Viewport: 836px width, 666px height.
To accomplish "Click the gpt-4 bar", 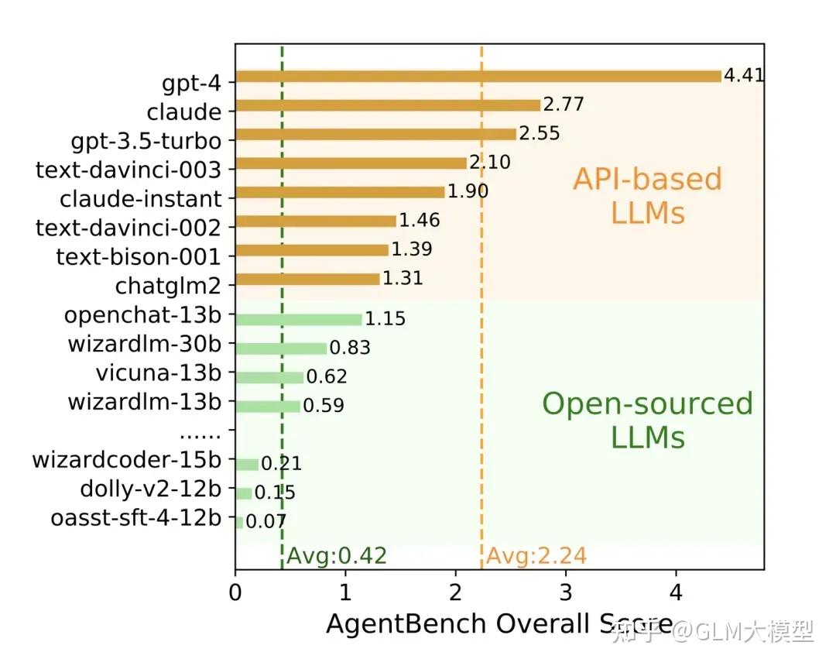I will (x=478, y=76).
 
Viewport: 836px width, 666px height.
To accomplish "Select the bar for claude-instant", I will (x=340, y=192).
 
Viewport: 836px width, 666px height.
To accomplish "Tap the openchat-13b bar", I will (x=298, y=319).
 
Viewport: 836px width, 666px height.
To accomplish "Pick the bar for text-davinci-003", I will (x=351, y=163).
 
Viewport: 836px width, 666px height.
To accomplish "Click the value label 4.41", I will (x=744, y=76).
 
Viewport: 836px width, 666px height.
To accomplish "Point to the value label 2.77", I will (x=563, y=105).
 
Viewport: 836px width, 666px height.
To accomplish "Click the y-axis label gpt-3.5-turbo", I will (x=146, y=141).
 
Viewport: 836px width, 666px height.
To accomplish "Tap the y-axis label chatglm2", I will (x=168, y=286).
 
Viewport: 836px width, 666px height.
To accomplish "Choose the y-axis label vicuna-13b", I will (x=159, y=372).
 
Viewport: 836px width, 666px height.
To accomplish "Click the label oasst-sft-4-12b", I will (x=136, y=518).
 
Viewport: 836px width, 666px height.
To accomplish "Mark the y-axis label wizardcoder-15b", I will (x=126, y=460).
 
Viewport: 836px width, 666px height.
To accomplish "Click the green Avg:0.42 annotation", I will (x=336, y=555).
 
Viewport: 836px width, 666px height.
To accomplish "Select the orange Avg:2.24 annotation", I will (x=536, y=555).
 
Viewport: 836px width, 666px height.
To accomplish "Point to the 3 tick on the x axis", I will (x=566, y=592).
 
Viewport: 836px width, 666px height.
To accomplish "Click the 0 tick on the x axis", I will (x=235, y=592).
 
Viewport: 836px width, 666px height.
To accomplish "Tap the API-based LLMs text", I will (x=647, y=195).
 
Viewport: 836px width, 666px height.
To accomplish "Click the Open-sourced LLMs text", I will (x=647, y=420).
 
